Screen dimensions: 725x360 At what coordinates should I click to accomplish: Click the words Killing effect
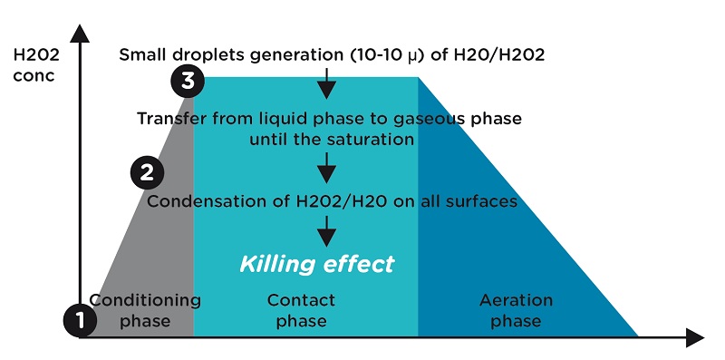(x=317, y=265)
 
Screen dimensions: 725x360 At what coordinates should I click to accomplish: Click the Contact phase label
(x=302, y=310)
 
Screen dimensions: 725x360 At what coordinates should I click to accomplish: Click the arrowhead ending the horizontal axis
(x=694, y=338)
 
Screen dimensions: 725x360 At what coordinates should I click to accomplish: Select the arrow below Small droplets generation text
(x=326, y=87)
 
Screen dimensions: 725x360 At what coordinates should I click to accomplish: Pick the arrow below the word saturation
(x=326, y=168)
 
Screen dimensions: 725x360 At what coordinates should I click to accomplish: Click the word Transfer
(x=169, y=119)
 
